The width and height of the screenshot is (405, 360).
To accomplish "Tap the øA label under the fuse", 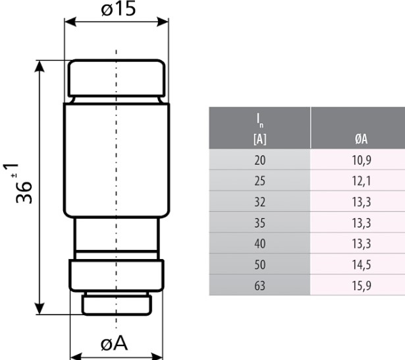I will pyautogui.click(x=115, y=344).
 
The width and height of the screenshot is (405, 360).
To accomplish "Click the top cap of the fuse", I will pyautogui.click(x=116, y=78).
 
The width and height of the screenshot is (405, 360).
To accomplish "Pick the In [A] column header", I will pyautogui.click(x=259, y=128).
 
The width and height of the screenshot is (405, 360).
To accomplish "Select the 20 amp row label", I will pyautogui.click(x=259, y=159).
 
